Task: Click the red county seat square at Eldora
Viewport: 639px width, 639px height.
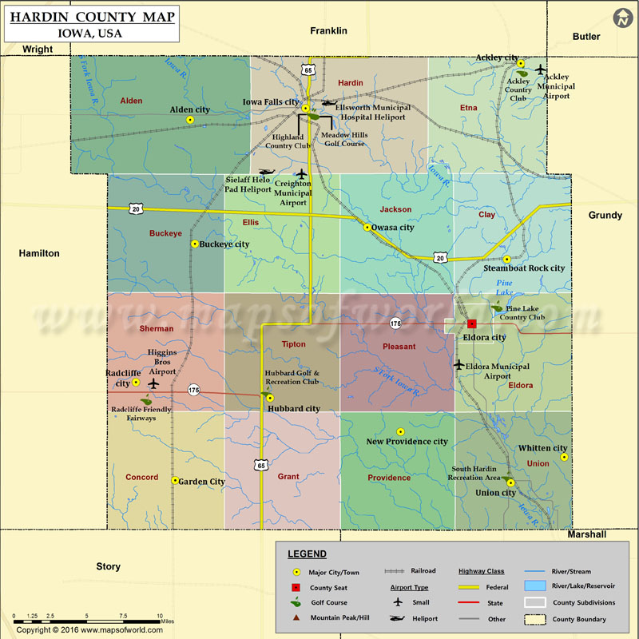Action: [471, 324]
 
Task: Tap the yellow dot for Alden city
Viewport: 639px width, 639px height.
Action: [190, 120]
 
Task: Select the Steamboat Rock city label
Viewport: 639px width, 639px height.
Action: [524, 268]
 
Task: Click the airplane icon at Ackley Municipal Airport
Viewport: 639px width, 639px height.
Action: [542, 69]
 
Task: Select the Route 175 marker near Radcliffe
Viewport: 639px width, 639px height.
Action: [193, 390]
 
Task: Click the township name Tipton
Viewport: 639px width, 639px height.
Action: [293, 344]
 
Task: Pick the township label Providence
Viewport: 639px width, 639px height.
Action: [389, 478]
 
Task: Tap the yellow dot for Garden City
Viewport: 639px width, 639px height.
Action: [175, 480]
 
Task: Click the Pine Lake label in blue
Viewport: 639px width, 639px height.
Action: [504, 288]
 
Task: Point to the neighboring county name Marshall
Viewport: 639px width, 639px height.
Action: [587, 534]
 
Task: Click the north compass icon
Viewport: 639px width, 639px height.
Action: [621, 18]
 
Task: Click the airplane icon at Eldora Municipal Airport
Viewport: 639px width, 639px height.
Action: [458, 365]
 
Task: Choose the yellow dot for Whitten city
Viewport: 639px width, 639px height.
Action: [564, 458]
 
